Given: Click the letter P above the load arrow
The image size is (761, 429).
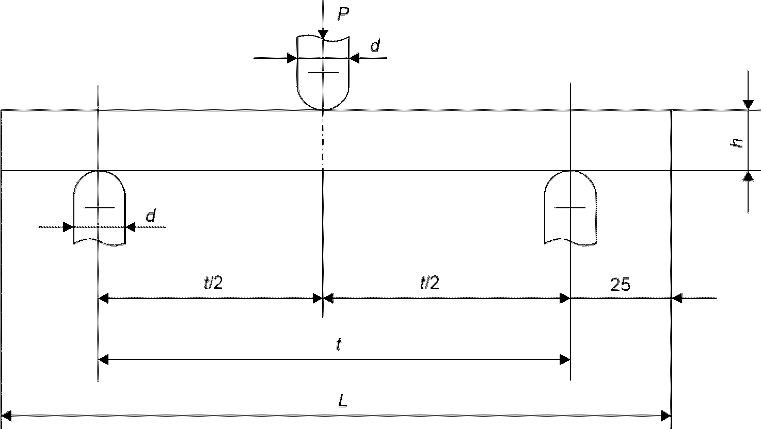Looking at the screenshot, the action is pos(343,13).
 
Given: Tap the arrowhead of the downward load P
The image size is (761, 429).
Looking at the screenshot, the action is pos(323,34).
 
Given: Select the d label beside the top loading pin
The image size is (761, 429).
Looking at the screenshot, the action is pos(375,45).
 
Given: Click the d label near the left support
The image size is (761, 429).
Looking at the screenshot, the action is pos(151,216).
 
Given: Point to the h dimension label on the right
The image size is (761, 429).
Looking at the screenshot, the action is pos(737,143).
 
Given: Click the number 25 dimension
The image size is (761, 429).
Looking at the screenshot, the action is pos(621,285).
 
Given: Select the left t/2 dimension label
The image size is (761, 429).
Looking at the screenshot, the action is pos(213,283).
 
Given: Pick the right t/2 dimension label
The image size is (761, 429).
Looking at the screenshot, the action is pos(430,283).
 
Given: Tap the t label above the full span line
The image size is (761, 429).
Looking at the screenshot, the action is pos(339,344).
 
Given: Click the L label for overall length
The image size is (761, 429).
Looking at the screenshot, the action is pos(343,401).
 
